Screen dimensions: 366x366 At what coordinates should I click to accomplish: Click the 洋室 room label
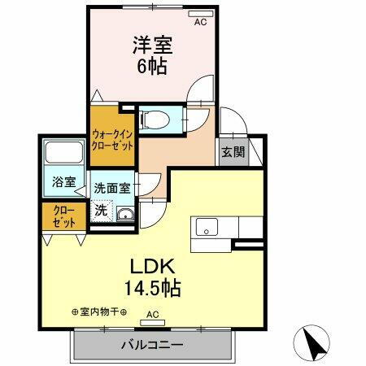tap(149, 46)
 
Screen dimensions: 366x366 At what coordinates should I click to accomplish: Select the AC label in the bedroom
tap(200, 23)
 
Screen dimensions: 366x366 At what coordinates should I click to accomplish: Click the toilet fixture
tap(155, 120)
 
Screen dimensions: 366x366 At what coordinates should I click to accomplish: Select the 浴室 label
tap(63, 182)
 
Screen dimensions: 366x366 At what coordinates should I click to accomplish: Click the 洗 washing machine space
tap(101, 210)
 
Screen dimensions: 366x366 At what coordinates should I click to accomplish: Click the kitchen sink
tap(204, 228)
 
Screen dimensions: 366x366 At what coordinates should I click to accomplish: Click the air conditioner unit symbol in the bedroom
tap(194, 14)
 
